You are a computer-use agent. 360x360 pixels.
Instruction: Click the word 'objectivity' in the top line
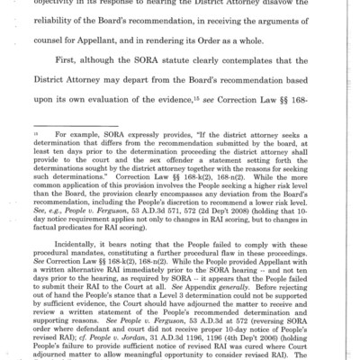click(72, 4)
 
